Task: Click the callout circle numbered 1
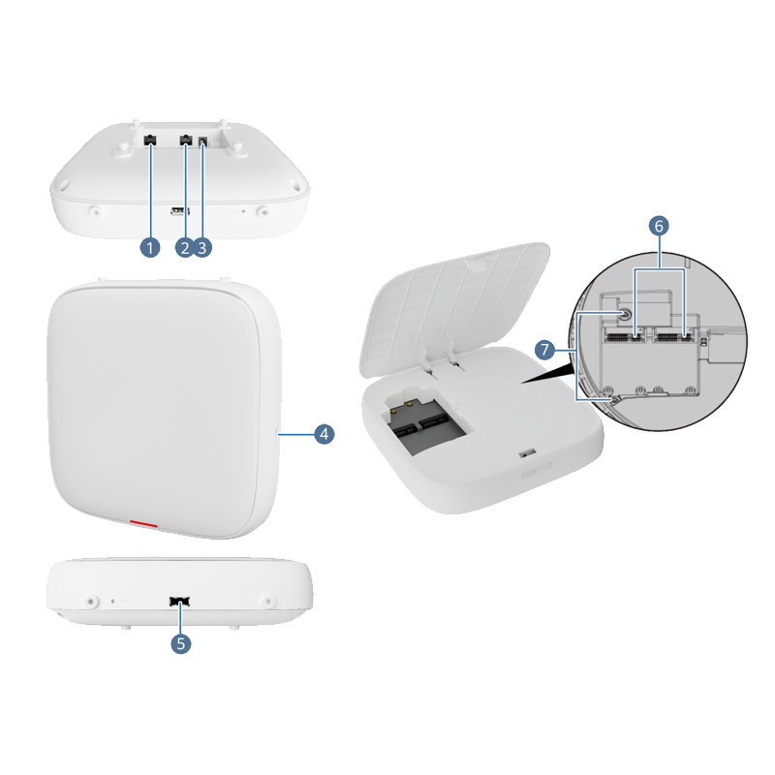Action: point(150,247)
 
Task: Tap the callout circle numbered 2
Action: point(185,247)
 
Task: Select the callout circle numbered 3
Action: point(202,247)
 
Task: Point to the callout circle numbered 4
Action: point(325,434)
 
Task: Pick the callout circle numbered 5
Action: point(181,643)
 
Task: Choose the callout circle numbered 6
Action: point(659,226)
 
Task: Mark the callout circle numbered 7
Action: point(544,350)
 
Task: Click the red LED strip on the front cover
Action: point(143,523)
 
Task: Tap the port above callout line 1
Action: point(150,140)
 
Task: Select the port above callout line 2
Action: point(186,140)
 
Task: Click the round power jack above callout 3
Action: point(202,142)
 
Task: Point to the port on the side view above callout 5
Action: point(180,601)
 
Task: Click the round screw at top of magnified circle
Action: point(624,314)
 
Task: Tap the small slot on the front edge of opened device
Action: point(528,452)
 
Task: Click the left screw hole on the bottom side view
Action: point(90,602)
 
